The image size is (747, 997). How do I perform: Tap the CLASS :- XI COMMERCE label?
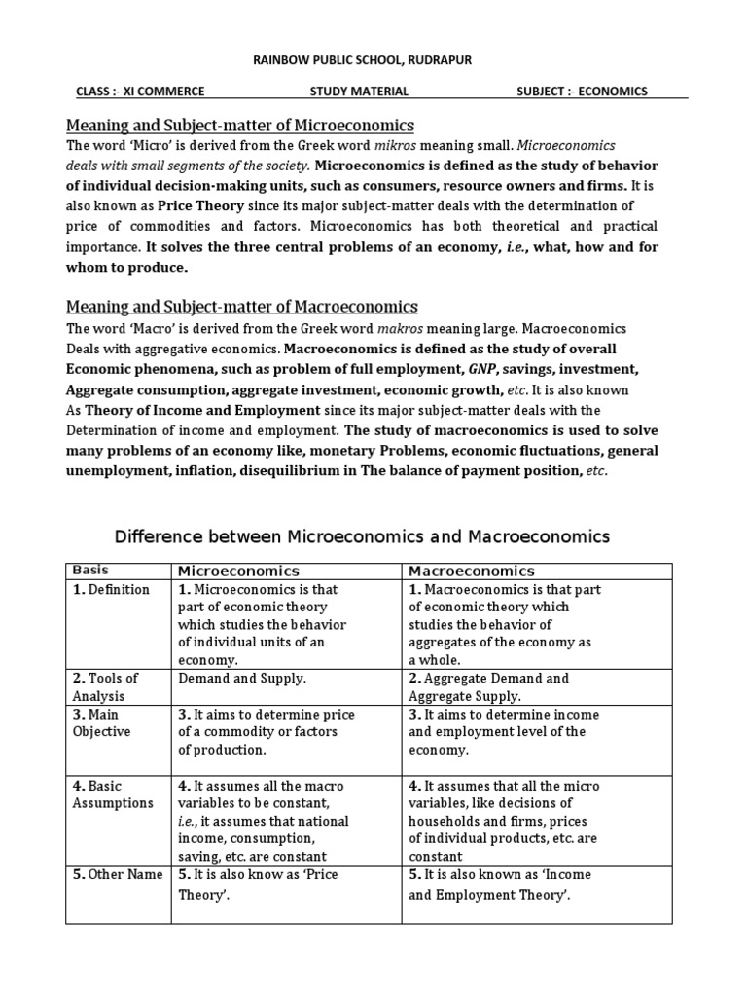140,92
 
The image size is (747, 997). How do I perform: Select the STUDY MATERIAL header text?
359,92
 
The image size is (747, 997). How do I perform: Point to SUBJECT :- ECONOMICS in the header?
582,92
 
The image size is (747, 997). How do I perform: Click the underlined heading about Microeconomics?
239,126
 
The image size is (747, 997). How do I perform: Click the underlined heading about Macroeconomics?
241,307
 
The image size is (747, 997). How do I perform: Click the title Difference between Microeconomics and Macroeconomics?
362,536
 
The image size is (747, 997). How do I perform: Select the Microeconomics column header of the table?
237,571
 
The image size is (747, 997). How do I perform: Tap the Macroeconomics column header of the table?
472,571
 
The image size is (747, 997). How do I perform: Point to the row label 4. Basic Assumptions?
112,794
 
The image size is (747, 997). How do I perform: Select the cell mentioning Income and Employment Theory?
500,884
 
